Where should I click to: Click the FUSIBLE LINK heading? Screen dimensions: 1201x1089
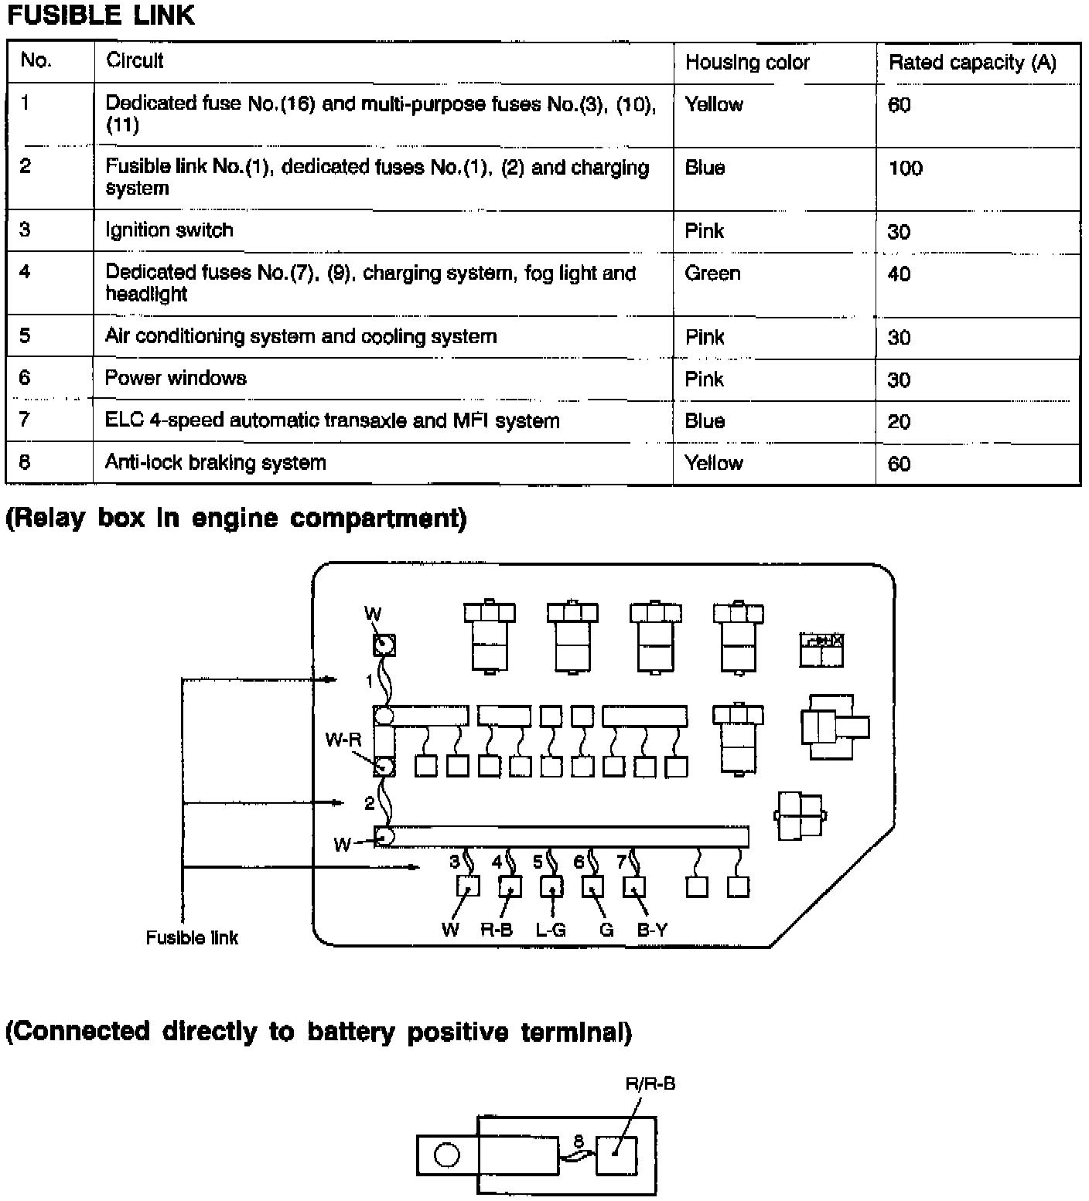point(101,15)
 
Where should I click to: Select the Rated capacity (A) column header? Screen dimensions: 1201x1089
point(971,63)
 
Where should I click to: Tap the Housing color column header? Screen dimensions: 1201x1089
point(746,63)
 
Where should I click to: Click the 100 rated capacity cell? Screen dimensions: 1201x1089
point(905,168)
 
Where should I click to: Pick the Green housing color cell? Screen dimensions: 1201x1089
point(712,274)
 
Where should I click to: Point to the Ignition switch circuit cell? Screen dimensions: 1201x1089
point(169,230)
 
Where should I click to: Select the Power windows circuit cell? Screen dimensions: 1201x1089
point(176,378)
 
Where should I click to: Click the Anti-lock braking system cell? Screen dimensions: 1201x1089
point(215,463)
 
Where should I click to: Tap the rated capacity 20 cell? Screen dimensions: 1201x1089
point(899,422)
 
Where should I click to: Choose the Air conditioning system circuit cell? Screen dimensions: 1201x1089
point(300,336)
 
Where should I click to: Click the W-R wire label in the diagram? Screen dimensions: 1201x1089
point(343,740)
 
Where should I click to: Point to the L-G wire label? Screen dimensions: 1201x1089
point(550,931)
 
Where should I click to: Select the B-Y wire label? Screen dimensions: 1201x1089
point(651,931)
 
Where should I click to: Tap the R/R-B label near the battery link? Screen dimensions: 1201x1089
point(650,1084)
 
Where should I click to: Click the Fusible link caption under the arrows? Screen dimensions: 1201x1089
point(192,937)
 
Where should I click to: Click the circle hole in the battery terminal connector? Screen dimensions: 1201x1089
point(447,1155)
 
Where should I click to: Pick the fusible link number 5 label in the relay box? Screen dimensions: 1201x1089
point(538,862)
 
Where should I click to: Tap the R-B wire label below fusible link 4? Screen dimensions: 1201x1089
point(496,931)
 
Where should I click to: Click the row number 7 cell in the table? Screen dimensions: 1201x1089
point(25,420)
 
